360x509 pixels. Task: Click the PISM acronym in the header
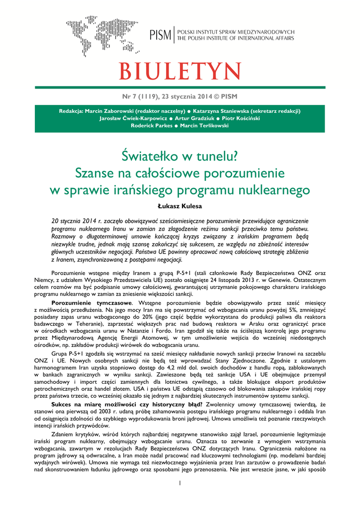161,35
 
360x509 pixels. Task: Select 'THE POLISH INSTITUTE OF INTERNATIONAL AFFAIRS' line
236,38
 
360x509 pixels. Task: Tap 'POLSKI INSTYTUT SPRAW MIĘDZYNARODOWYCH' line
236,32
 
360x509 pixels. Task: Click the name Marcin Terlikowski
204,126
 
